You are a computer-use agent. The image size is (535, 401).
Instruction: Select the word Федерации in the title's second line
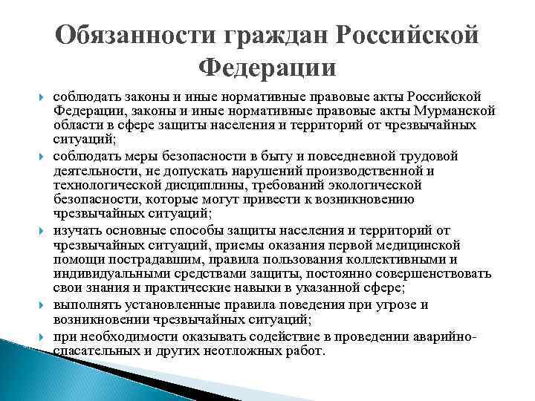[x=267, y=68]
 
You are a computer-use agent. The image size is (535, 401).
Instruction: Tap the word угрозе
[x=444, y=305]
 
